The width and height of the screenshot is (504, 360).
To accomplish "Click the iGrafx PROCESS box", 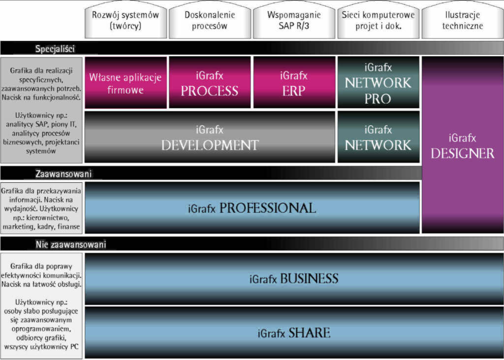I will (x=209, y=83).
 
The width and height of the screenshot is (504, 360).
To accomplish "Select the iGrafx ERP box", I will (x=293, y=83).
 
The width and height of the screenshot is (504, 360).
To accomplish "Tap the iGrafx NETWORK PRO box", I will (x=378, y=83).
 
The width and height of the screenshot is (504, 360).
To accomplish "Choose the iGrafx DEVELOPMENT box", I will (x=210, y=137).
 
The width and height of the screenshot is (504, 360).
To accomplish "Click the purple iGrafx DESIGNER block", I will (x=462, y=145).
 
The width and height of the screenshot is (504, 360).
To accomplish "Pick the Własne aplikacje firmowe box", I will (x=125, y=83).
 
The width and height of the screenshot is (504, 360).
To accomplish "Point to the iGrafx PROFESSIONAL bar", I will (x=252, y=208).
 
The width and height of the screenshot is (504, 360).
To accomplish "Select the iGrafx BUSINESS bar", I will (x=294, y=279).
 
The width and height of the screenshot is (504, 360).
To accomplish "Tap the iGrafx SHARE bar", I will (x=294, y=332).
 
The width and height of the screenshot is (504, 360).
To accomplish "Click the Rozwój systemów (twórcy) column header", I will (x=126, y=20).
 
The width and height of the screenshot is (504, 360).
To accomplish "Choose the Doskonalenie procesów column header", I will (x=210, y=20).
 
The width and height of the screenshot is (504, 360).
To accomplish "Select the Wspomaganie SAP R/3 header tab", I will (x=294, y=20).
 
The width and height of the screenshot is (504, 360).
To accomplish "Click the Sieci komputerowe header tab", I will (x=378, y=20).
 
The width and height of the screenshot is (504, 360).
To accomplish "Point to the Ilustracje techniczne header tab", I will (x=462, y=20).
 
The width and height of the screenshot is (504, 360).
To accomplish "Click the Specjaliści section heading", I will (x=55, y=48).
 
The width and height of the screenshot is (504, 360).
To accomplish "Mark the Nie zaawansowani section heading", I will (x=70, y=244).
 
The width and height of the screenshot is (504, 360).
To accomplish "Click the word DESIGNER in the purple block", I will (x=462, y=153).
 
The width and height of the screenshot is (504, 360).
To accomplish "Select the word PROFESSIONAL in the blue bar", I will (x=267, y=208).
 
